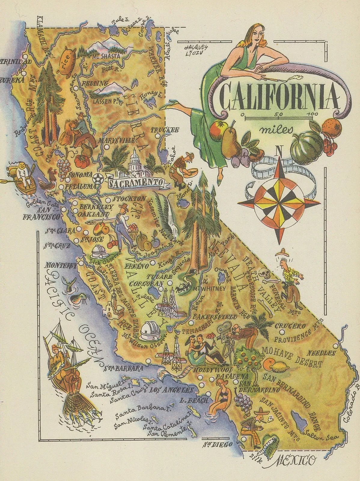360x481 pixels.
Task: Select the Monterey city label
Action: tap(60, 265)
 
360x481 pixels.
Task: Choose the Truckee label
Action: tap(165, 130)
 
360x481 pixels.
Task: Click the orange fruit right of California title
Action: tap(331, 127)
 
